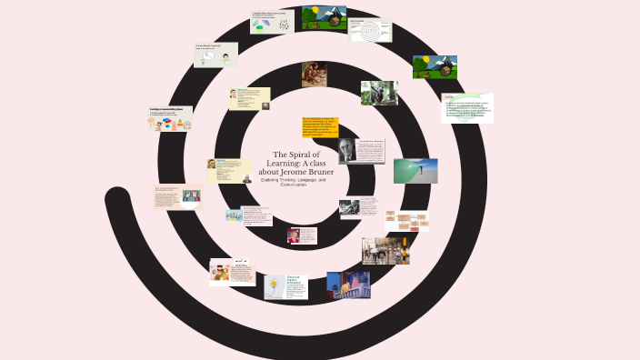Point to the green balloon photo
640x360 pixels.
pyautogui.click(x=415, y=170)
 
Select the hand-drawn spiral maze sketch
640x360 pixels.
pyautogui.click(x=371, y=30)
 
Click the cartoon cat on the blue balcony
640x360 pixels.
pyautogui.click(x=347, y=285)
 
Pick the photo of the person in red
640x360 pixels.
pyautogui.click(x=296, y=235)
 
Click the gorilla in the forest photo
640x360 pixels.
pyautogui.click(x=379, y=94)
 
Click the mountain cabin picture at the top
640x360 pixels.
pyautogui.click(x=324, y=18)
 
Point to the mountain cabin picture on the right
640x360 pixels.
pyautogui.click(x=435, y=67)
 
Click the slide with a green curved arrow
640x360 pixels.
pyautogui.click(x=467, y=108)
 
